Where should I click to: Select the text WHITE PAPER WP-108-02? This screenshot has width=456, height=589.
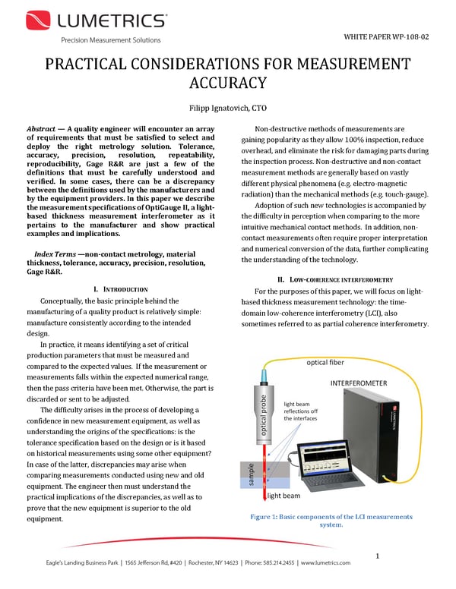[387, 36]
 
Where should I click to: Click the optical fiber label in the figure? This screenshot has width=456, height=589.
[328, 363]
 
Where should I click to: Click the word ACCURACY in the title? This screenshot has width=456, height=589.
[228, 82]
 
